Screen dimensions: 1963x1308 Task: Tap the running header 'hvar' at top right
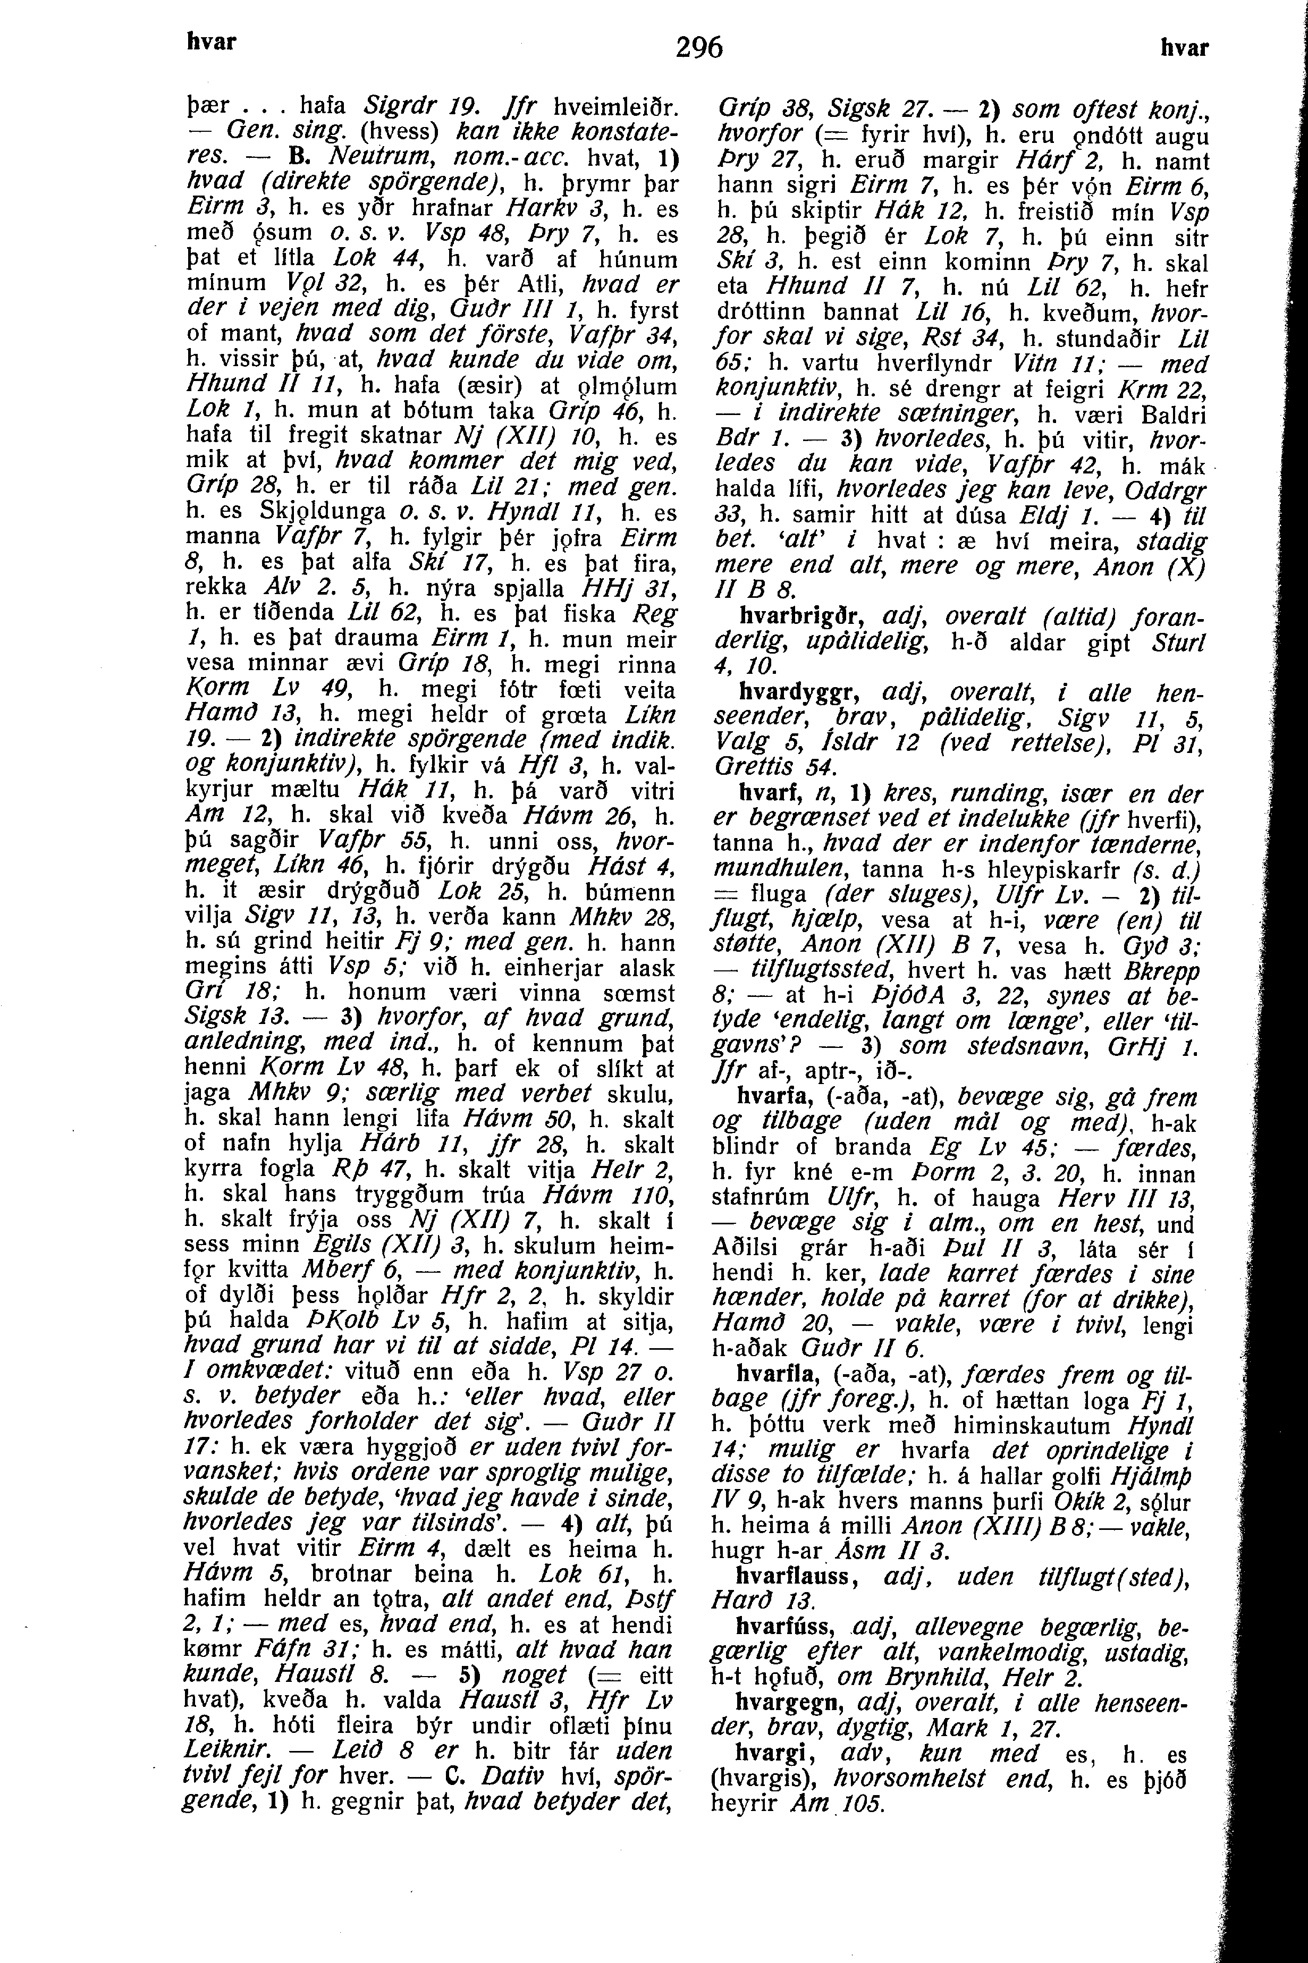[x=1185, y=48]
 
